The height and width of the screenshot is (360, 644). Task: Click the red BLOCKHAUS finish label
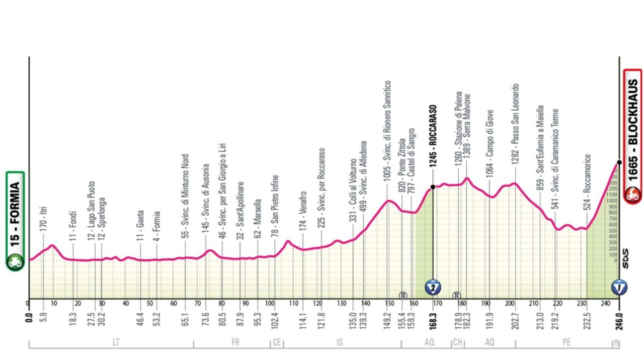[x=632, y=136]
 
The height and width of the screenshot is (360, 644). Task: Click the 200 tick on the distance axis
[x=510, y=303]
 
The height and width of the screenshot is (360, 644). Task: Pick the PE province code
[x=567, y=342]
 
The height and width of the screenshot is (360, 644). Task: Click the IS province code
[x=340, y=342]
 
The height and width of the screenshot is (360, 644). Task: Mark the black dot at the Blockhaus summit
[x=619, y=162]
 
